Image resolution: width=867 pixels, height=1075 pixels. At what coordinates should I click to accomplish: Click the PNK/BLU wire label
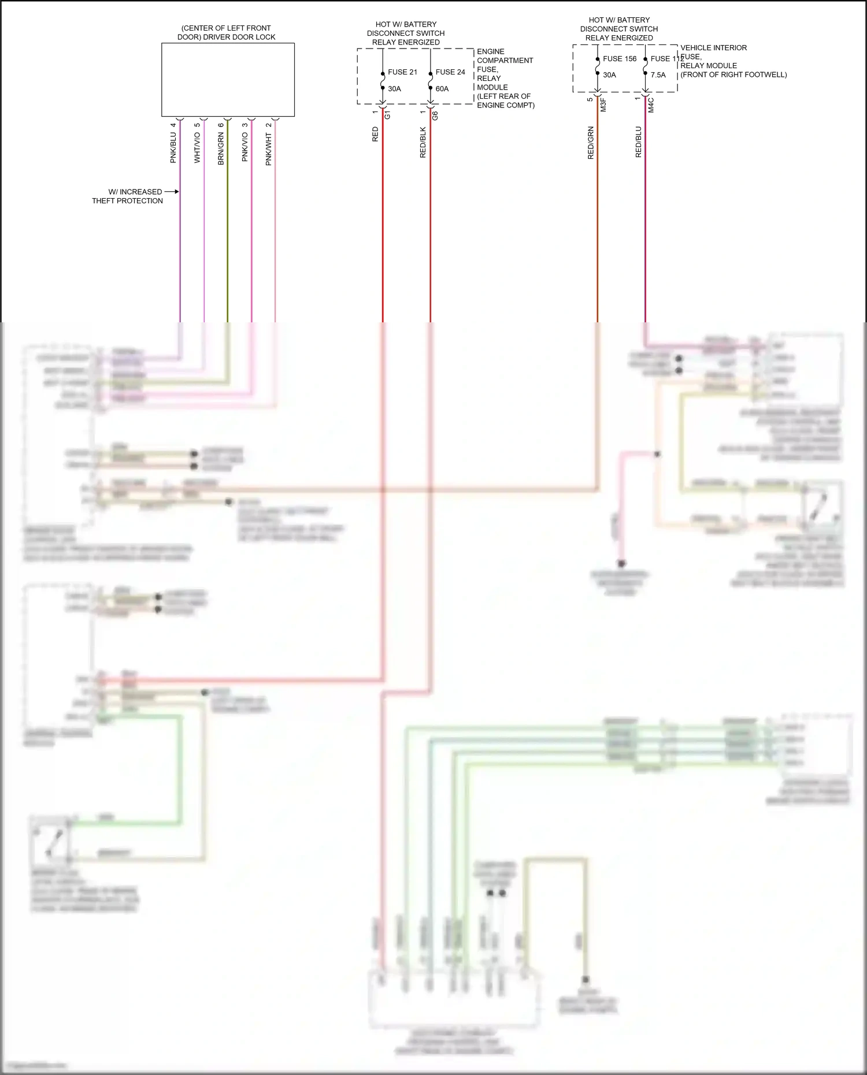click(173, 147)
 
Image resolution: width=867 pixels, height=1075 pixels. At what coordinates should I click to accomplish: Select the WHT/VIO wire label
click(197, 147)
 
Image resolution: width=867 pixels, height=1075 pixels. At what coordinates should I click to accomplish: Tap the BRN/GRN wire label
click(221, 148)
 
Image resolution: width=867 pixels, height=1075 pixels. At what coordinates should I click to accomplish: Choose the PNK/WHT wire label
click(269, 149)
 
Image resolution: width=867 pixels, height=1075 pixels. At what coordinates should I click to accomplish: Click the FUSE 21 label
click(402, 72)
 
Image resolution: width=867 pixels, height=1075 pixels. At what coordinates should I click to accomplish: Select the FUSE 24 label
click(450, 72)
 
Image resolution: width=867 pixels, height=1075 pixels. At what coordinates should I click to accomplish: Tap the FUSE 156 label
click(620, 59)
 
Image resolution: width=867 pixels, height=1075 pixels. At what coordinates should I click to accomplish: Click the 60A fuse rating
click(442, 89)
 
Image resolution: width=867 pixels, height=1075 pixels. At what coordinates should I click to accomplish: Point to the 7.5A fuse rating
click(658, 75)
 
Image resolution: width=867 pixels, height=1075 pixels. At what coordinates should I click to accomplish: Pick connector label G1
click(388, 114)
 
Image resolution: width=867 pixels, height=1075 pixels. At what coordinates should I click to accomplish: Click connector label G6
click(435, 116)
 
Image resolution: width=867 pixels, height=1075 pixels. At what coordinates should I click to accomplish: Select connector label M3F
click(603, 105)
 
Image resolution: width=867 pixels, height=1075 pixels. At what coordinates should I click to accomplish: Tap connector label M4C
click(651, 105)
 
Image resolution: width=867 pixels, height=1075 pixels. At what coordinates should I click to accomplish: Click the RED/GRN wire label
click(591, 143)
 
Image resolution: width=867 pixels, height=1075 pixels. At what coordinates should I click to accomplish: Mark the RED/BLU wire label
click(639, 142)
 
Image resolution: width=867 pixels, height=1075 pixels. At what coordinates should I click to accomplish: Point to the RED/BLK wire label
click(423, 143)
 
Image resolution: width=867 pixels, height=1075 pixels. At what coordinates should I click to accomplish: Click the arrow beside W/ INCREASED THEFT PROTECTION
click(172, 192)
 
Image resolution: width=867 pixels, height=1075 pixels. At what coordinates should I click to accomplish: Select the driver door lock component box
click(228, 80)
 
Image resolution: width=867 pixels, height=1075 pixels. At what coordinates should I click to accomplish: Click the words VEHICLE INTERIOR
click(713, 48)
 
